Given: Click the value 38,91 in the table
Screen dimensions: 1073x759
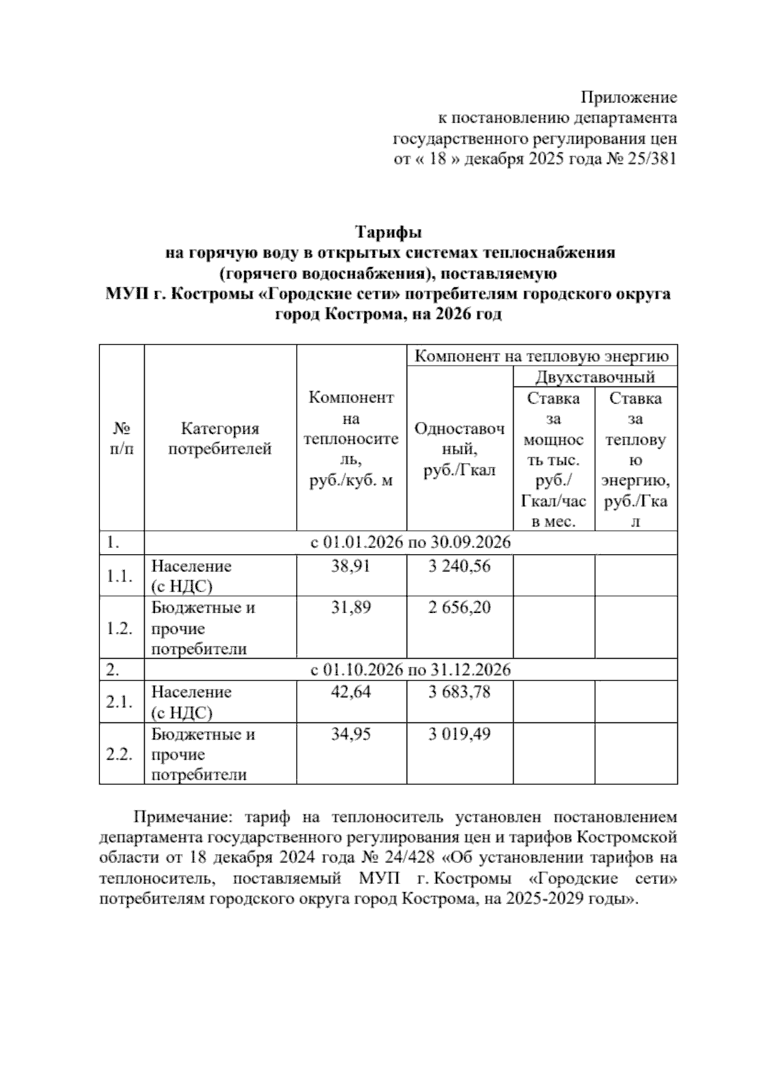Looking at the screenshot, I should click(x=351, y=566).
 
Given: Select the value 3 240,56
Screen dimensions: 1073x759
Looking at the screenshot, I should click(x=459, y=566).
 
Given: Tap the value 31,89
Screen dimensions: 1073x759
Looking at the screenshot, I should click(x=351, y=607).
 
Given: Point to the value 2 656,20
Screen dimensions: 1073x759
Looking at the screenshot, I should click(x=459, y=607).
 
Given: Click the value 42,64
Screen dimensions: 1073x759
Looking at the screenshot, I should click(x=351, y=692).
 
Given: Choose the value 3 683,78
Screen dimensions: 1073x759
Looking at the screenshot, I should click(x=459, y=692).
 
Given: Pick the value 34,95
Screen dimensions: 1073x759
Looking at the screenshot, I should click(x=351, y=734).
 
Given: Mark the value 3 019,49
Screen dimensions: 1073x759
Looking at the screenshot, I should click(x=459, y=734).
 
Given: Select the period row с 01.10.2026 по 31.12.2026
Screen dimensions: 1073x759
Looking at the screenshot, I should click(x=410, y=669).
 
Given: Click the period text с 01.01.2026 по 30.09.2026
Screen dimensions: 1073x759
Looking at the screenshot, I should click(x=410, y=543).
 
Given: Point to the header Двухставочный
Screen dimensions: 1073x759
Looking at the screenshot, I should click(x=595, y=378).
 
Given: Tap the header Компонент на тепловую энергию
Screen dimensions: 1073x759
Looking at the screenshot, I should click(x=541, y=356).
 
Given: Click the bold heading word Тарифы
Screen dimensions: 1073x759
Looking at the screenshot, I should click(x=388, y=232).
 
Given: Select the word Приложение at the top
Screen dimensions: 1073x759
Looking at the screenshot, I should click(x=629, y=97).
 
